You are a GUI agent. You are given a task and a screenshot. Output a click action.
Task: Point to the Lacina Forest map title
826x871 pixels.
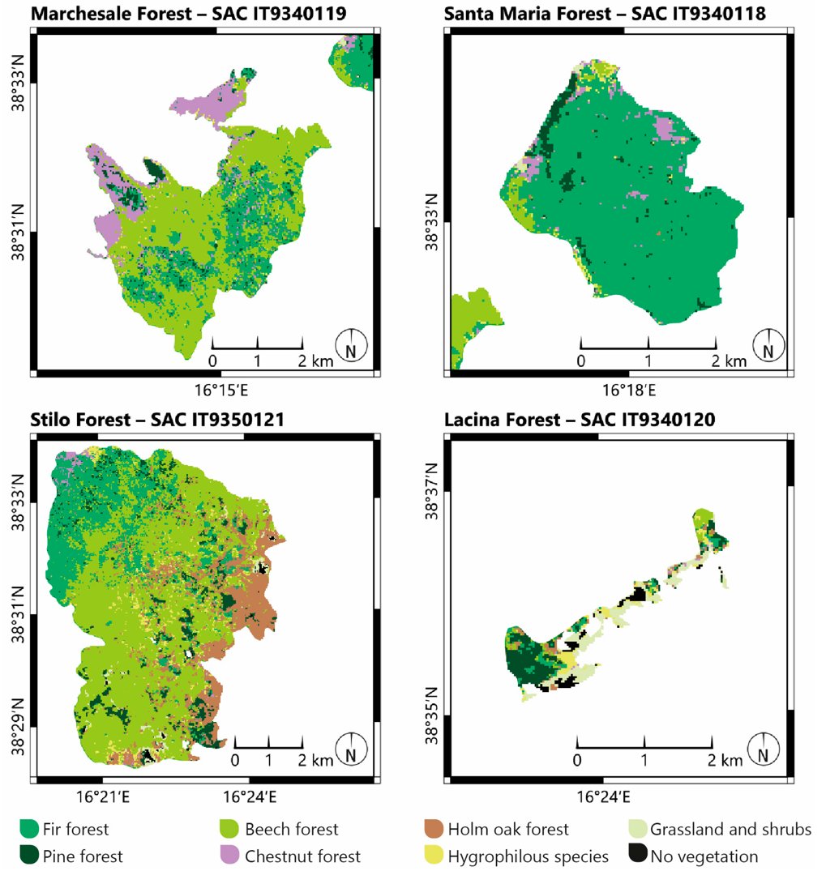579,420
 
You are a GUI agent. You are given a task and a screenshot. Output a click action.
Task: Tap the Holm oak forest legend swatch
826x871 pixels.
435,829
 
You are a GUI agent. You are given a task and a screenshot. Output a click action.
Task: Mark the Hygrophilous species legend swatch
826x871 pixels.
435,856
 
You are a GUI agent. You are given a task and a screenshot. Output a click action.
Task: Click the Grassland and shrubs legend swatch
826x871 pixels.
638,829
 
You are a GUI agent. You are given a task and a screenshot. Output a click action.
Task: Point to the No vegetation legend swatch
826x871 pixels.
638,856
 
